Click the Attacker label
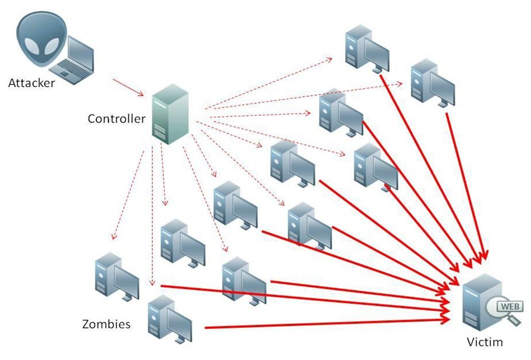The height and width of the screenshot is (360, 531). pyautogui.click(x=31, y=83)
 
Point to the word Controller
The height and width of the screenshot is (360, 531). pyautogui.click(x=116, y=119)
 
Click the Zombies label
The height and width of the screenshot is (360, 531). pyautogui.click(x=106, y=325)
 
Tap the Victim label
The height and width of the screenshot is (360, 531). pyautogui.click(x=484, y=342)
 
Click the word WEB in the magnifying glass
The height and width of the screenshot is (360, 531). pyautogui.click(x=510, y=306)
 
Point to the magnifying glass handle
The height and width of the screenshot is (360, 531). pyautogui.click(x=514, y=322)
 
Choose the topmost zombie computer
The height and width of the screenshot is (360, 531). pyautogui.click(x=366, y=49)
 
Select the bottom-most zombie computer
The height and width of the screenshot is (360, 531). pyautogui.click(x=169, y=319)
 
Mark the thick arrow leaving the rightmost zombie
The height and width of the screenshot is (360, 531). pyautogui.click(x=464, y=182)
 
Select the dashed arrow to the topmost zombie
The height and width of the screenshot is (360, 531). pyautogui.click(x=270, y=83)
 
